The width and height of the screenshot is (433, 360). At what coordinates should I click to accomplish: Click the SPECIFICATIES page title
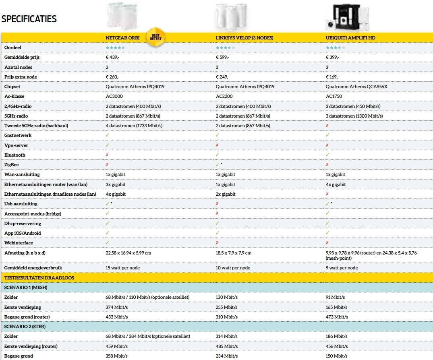pyautogui.click(x=29, y=19)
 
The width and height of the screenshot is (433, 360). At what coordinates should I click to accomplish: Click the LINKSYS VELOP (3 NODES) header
pyautogui.click(x=244, y=38)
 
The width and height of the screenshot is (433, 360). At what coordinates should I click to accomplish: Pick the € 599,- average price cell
pyautogui.click(x=222, y=57)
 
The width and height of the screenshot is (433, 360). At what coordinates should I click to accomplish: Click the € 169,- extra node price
pyautogui.click(x=332, y=77)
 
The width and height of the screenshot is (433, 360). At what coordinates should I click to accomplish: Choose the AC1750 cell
pyautogui.click(x=334, y=97)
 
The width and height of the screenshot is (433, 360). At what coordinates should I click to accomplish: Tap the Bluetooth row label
pyautogui.click(x=15, y=155)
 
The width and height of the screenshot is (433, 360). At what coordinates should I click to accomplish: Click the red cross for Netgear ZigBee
pyautogui.click(x=107, y=165)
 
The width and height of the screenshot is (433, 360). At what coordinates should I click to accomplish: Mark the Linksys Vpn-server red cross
pyautogui.click(x=217, y=145)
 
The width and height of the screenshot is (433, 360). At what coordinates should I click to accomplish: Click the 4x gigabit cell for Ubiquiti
pyautogui.click(x=336, y=184)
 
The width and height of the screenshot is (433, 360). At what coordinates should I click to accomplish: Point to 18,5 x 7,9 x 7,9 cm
pyautogui.click(x=234, y=253)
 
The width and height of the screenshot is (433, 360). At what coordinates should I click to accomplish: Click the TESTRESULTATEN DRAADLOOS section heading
pyautogui.click(x=39, y=277)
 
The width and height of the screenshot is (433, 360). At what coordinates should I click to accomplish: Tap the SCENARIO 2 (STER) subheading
pyautogui.click(x=25, y=326)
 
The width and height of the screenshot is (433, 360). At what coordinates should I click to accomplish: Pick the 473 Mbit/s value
pyautogui.click(x=336, y=317)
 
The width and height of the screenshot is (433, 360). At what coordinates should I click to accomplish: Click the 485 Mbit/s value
pyautogui.click(x=226, y=346)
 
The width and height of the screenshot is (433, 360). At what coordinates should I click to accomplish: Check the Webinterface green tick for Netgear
pyautogui.click(x=107, y=243)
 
